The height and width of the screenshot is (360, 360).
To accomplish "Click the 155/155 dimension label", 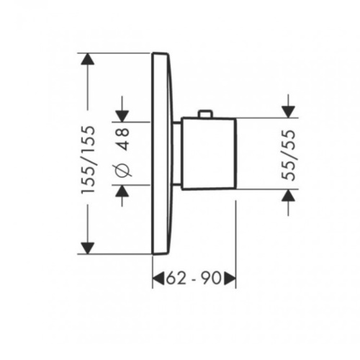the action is pos(88,160).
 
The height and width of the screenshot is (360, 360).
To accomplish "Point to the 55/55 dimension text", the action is pos(288,155).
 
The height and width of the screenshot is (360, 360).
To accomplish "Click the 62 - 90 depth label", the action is pos(194,279).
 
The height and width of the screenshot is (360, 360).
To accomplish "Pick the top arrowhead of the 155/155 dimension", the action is pos(88,59).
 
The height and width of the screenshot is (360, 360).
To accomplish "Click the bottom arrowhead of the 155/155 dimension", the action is pos(88,248).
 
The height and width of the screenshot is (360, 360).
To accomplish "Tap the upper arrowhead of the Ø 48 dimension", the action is pos(122,116).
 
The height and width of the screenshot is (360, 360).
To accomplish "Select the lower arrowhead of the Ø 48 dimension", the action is pos(122,191).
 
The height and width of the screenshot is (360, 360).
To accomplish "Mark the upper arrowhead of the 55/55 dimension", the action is pos(288,112).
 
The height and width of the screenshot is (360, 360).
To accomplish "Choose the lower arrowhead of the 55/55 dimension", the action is pos(288,195).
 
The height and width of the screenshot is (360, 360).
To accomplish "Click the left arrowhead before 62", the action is pos(158,279).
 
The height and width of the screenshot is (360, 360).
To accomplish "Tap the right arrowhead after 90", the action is pos(230,279).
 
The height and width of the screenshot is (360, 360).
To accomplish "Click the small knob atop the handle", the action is pos(205,114).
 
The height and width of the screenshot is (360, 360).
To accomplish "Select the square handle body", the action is pos(209,154).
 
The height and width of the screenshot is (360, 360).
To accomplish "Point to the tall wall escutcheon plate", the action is pos(162,153).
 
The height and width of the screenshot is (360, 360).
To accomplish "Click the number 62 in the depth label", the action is pos(176,279).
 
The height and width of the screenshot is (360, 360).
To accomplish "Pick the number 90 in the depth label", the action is pos(211,279).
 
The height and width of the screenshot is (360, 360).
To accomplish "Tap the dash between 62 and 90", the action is pos(194,279).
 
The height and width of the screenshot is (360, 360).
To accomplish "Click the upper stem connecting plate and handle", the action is pos(177,123).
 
